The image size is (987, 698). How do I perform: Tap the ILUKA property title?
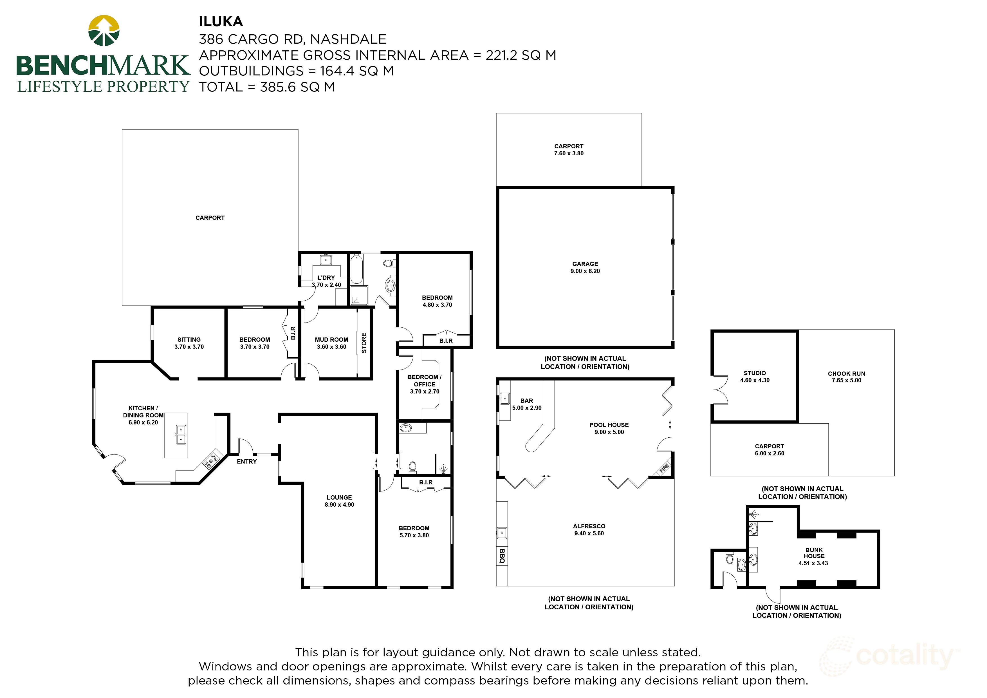pos(221,21)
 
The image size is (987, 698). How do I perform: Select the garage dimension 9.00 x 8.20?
pos(585,271)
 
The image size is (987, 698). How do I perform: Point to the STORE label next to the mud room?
pos(364,343)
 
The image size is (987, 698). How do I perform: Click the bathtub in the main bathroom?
pos(357,270)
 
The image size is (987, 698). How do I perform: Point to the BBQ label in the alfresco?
pos(502,556)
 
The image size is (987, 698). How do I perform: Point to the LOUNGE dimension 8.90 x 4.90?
pos(339,504)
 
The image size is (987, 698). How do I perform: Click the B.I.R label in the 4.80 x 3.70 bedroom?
pos(446,341)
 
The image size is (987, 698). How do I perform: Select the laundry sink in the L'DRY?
pos(326,260)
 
